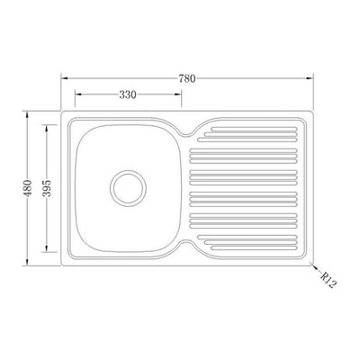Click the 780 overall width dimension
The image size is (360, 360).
tap(187, 78)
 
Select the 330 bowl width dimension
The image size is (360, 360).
tap(128, 94)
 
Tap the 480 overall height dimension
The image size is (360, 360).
tap(27, 188)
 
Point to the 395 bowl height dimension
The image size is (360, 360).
tap(47, 188)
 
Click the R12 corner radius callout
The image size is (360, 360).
tap(328, 280)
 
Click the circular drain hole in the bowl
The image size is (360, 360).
tap(128, 188)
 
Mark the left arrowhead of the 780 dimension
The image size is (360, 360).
tap(64, 78)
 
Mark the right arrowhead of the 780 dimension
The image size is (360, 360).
tap(310, 78)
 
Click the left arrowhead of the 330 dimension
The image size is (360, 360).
tap(78, 94)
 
